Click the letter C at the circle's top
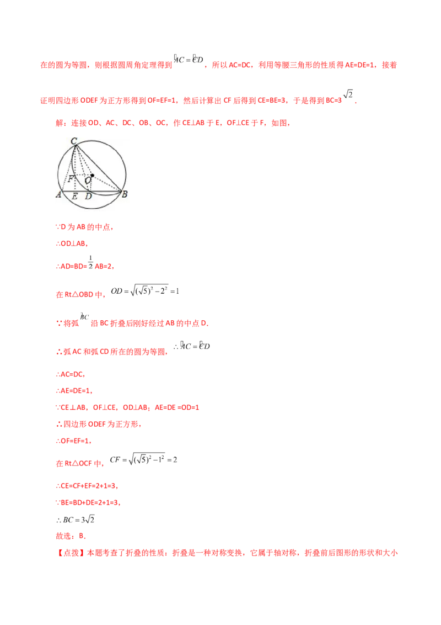coord(74,142)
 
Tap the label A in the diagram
coord(58,195)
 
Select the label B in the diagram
coord(125,194)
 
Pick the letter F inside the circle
coord(71,179)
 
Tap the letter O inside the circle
coord(87,180)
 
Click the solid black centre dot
coord(93,176)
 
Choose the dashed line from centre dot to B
coord(107,184)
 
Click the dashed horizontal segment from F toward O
coord(80,179)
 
